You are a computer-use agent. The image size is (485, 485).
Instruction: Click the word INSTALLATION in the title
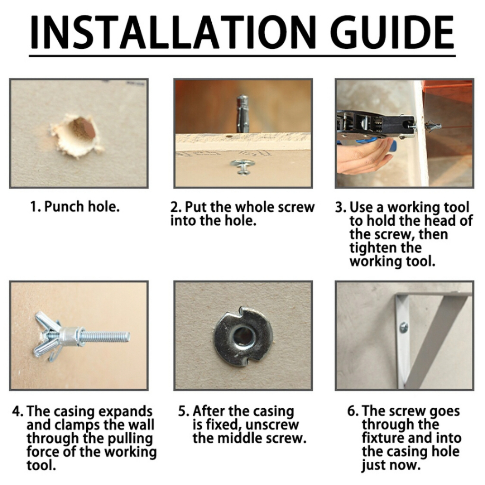click(173, 32)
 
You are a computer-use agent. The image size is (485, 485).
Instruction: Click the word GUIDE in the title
click(392, 32)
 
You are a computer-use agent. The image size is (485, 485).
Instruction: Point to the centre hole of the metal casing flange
click(243, 336)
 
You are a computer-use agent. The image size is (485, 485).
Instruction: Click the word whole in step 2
click(257, 207)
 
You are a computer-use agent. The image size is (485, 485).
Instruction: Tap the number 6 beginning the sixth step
click(351, 412)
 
